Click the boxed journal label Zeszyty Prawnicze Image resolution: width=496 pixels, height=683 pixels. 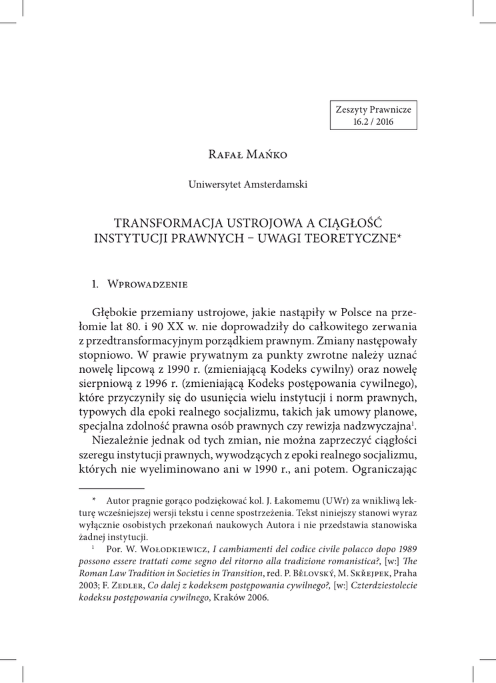pos(373,109)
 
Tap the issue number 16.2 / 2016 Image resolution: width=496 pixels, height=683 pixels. pos(373,122)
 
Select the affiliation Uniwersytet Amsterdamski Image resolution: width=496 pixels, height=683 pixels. pos(247,185)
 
